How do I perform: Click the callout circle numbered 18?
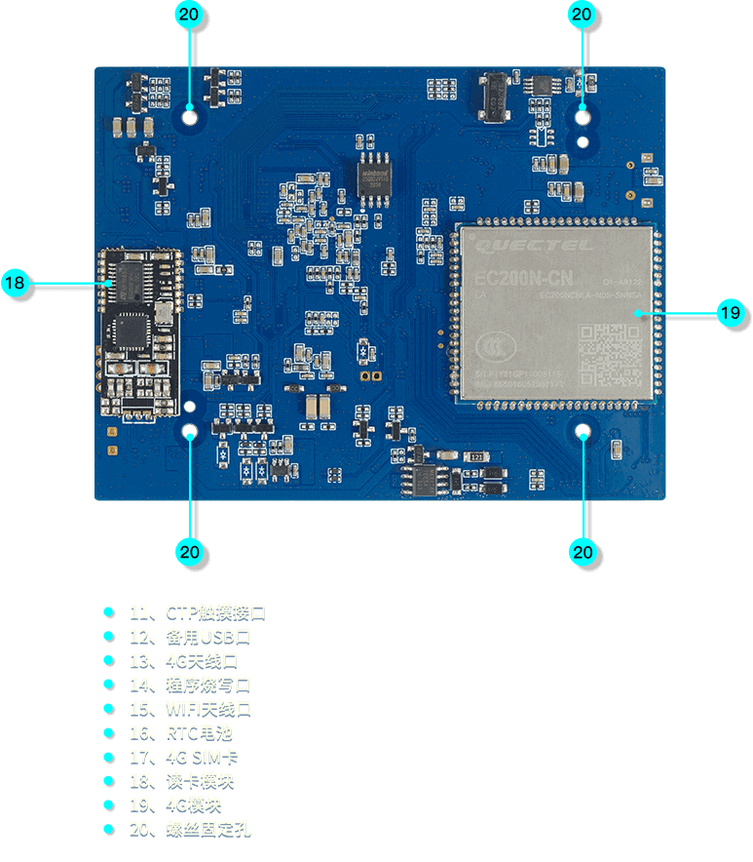coord(15,284)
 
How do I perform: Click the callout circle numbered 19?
coord(730,313)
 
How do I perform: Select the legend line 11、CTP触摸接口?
coord(197,612)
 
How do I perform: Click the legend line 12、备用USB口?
coord(190,636)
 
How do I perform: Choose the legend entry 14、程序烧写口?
coord(190,685)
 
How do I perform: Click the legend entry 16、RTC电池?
coord(180,732)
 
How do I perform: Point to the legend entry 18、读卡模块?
coord(181,780)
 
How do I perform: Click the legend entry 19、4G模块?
coord(175,804)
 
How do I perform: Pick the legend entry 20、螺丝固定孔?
coord(190,829)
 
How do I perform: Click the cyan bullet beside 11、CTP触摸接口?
coord(108,612)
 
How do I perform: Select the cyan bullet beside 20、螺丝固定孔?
coord(108,829)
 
